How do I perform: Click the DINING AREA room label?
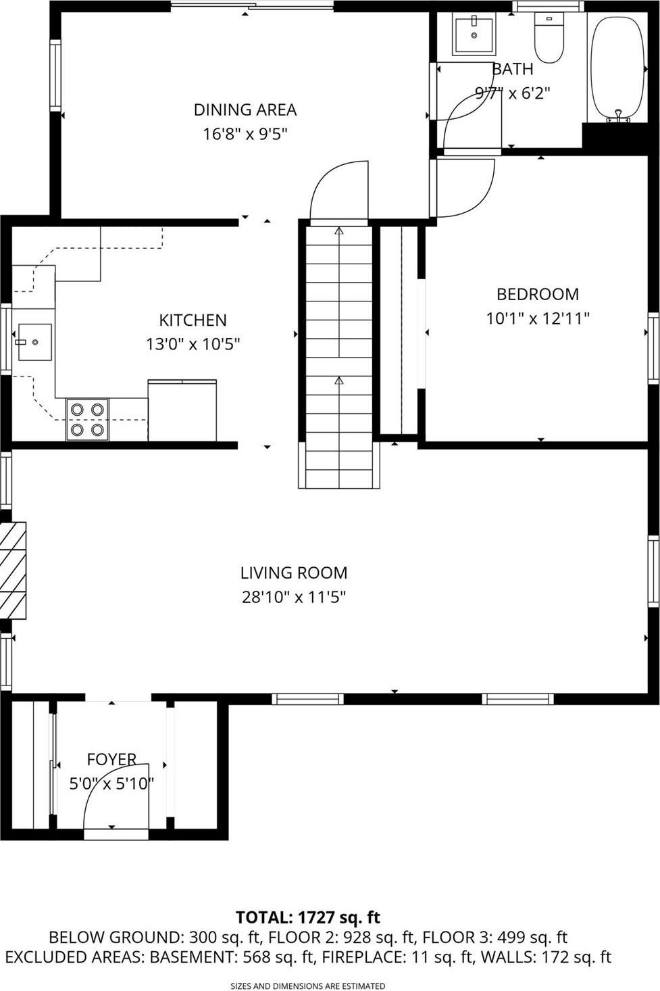[245, 110]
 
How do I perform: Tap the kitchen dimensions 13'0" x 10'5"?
[193, 344]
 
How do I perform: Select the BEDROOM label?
[538, 294]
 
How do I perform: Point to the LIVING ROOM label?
[294, 573]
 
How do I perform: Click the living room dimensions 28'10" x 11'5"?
[294, 597]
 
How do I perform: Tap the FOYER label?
[111, 759]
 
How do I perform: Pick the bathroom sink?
[474, 34]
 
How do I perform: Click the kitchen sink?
[34, 342]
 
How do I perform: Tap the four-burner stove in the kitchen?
[87, 419]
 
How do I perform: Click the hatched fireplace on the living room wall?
[13, 570]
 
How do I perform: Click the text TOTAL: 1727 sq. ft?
[307, 917]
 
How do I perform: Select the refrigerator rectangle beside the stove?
[182, 410]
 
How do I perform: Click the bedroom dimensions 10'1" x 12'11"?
[538, 318]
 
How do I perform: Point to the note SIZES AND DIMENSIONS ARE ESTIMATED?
[307, 986]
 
